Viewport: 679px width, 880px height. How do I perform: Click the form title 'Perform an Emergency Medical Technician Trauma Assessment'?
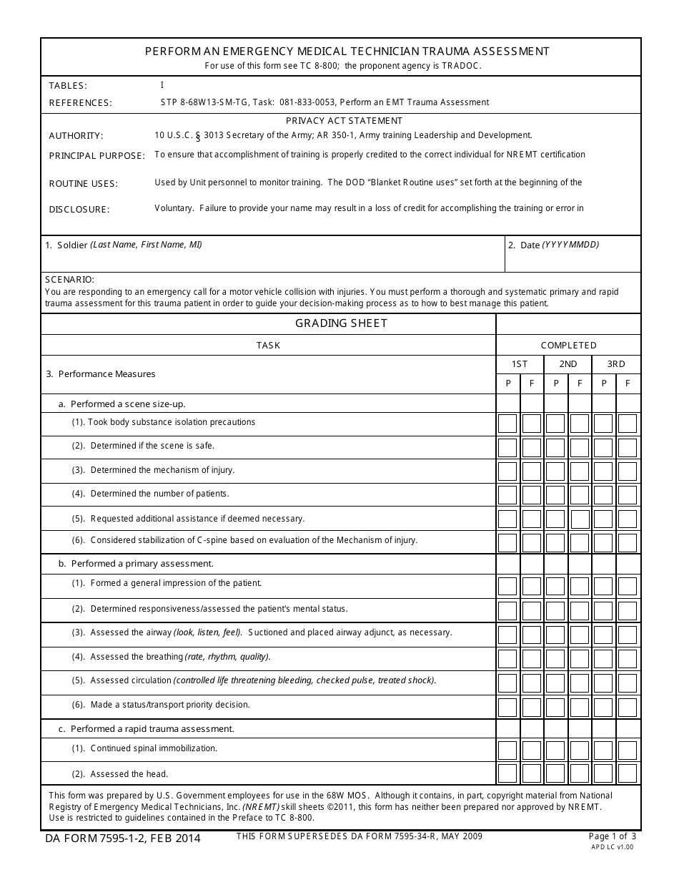click(347, 52)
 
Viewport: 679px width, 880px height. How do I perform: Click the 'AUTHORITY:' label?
click(76, 136)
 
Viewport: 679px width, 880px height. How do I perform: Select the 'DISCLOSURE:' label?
click(79, 210)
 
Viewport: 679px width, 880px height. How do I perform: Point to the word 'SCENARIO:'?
click(69, 280)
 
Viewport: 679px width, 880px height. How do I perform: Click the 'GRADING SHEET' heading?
click(341, 323)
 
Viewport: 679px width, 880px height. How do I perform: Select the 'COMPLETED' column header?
click(568, 346)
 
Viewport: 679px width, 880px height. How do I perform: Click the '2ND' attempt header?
click(568, 364)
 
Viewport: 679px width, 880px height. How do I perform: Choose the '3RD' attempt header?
click(615, 364)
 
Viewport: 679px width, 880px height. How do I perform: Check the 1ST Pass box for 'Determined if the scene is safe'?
click(507, 448)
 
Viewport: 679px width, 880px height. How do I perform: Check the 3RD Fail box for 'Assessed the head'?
click(628, 773)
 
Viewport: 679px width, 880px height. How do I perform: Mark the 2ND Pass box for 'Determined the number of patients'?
click(555, 495)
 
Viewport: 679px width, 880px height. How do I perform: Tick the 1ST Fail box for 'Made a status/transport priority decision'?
click(532, 707)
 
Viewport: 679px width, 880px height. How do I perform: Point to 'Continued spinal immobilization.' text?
click(154, 748)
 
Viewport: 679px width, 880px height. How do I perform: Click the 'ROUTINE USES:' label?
click(83, 184)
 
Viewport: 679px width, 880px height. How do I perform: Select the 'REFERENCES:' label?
click(80, 103)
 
